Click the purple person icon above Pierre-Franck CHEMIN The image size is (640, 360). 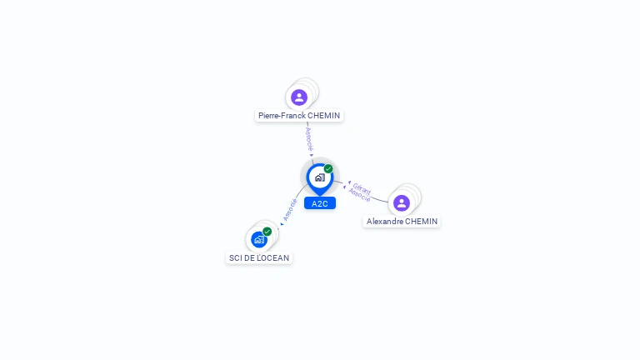coord(299,97)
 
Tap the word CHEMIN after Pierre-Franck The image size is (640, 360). coord(324,116)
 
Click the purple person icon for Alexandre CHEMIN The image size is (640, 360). coord(402,203)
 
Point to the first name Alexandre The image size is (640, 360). coord(385,222)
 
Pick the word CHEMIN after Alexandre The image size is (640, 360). coord(421,222)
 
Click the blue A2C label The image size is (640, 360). coord(320,203)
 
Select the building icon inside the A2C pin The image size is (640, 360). coord(319,177)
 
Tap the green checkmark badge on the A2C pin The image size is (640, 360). coord(328,169)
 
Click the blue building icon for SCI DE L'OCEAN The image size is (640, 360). coord(259,240)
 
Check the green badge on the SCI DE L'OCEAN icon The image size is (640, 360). coord(267,231)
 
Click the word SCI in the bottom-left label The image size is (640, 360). coord(236,258)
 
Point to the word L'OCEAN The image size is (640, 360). coord(275,258)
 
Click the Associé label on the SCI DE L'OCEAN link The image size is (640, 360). coord(290,208)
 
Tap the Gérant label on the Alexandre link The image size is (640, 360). coord(362,187)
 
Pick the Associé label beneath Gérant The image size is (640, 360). coord(359,195)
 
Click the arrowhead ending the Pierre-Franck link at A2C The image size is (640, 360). coord(312,154)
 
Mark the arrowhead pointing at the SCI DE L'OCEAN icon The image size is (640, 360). coord(281,223)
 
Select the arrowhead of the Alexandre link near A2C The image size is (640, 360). coord(349,182)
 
